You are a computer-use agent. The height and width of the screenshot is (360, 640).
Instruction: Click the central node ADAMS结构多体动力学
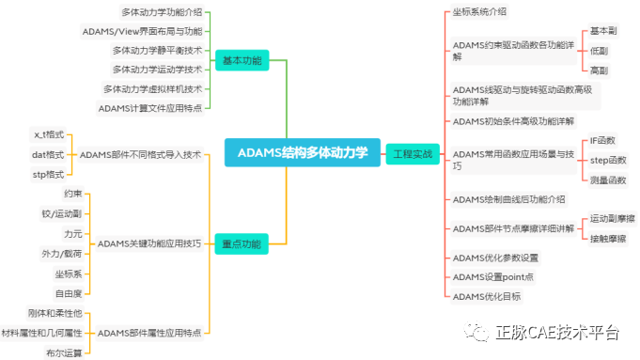302,152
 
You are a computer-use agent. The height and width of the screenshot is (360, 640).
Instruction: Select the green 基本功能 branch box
242,61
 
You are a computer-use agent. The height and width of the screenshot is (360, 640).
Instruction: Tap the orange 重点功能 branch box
242,243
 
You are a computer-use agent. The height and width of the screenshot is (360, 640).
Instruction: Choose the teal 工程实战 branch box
413,153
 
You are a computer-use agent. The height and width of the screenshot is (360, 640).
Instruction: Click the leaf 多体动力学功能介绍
162,12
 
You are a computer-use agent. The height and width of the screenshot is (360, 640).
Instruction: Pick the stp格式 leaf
49,174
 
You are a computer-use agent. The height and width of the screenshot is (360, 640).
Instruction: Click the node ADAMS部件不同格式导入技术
140,154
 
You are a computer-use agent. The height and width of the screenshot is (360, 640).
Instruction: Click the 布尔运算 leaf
64,352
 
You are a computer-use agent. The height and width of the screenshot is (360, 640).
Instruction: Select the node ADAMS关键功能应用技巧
149,243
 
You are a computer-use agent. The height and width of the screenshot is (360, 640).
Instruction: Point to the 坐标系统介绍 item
479,12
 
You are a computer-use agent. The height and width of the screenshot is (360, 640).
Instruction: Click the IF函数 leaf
601,141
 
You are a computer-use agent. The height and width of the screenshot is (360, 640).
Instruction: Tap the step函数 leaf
607,160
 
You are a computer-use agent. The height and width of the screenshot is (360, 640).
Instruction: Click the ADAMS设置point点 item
492,277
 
